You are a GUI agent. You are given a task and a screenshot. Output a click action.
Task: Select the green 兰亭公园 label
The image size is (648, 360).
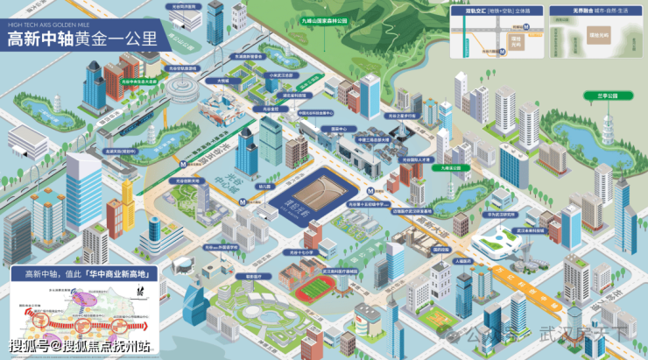coord(601,95)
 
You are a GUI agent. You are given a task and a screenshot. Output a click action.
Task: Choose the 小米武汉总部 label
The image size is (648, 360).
coord(278,75)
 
